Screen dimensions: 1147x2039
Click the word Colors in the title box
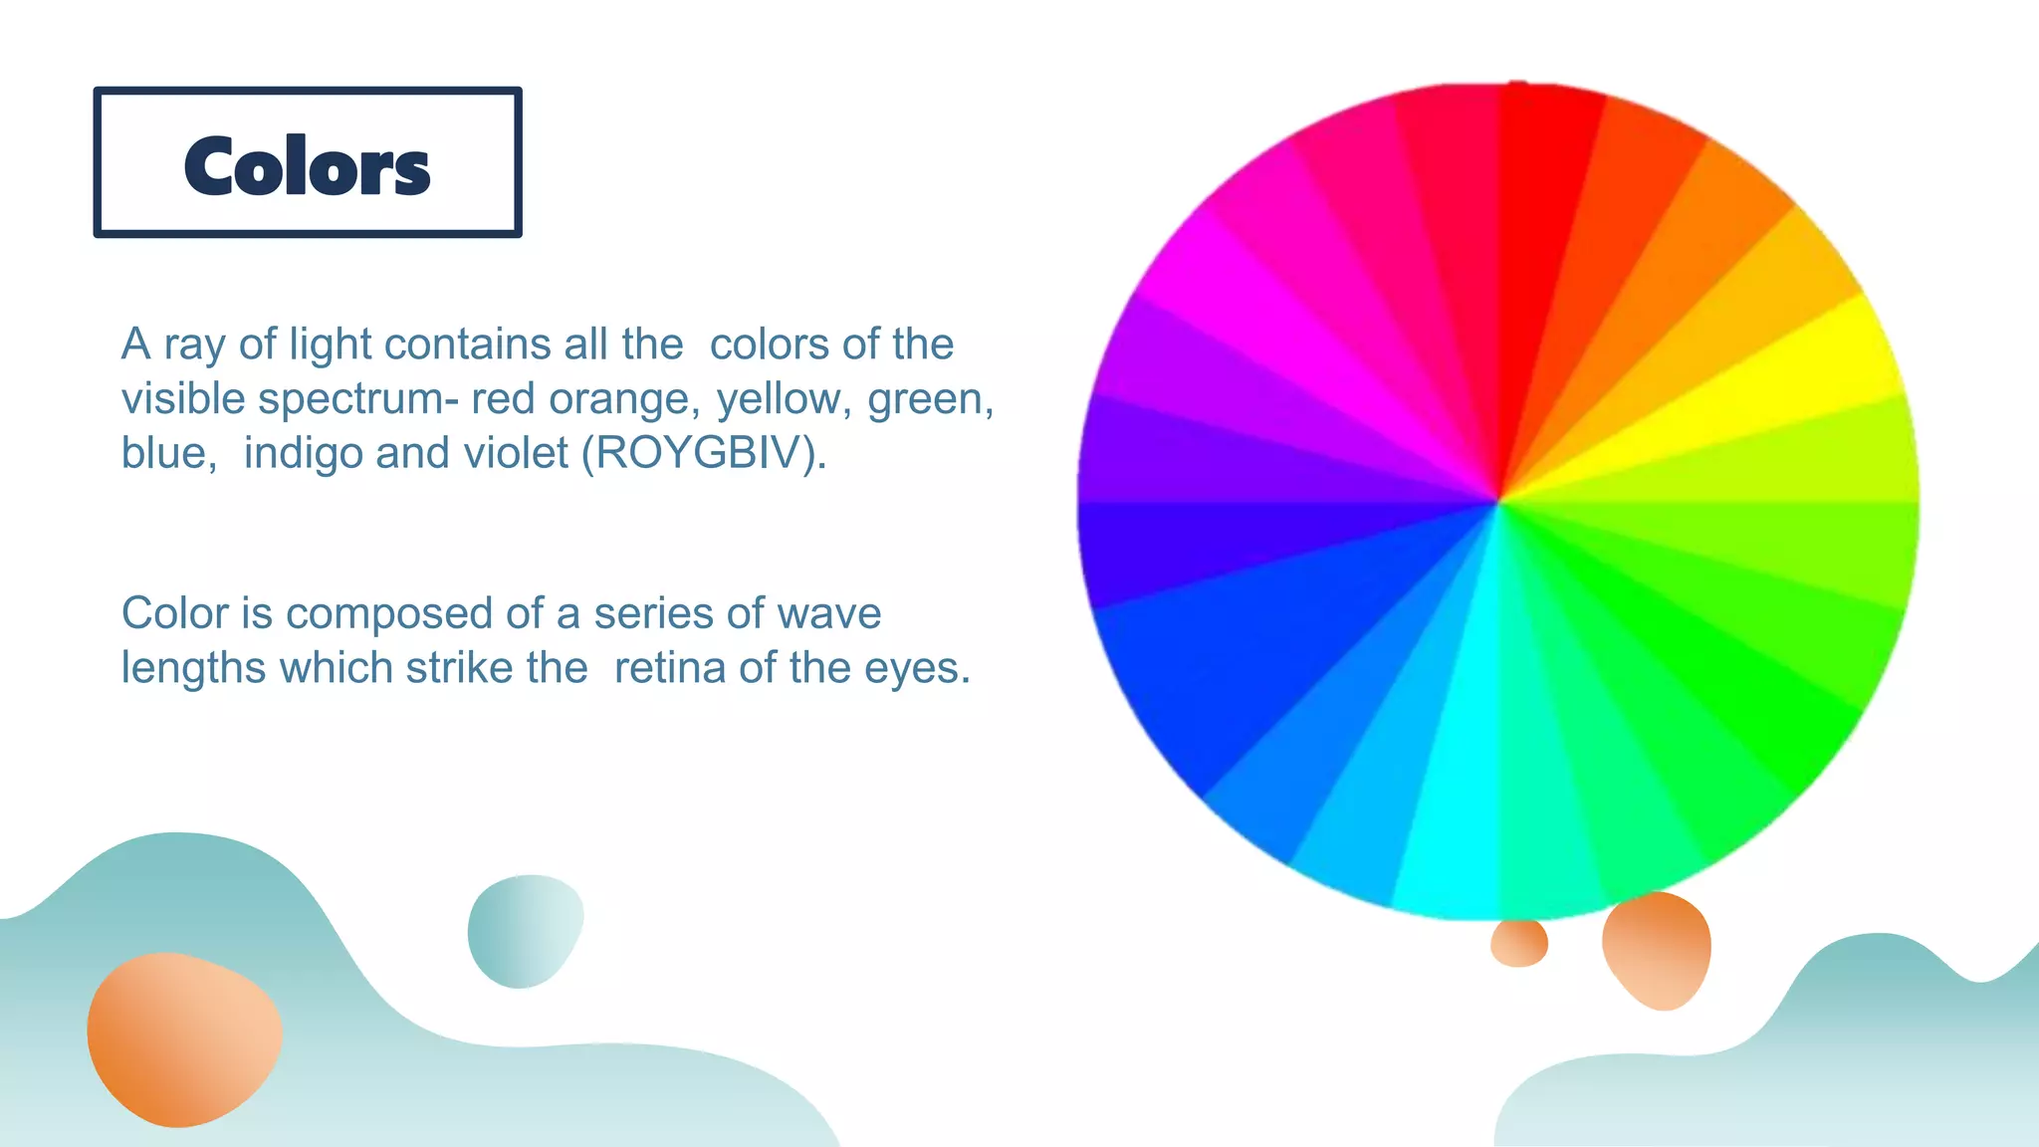tap(307, 166)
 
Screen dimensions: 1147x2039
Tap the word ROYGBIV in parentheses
tap(702, 453)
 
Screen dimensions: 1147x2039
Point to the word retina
tap(671, 667)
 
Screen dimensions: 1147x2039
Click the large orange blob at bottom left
tap(182, 1038)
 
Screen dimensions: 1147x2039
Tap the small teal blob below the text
tap(524, 931)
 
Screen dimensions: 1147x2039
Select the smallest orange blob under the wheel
tap(1518, 942)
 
